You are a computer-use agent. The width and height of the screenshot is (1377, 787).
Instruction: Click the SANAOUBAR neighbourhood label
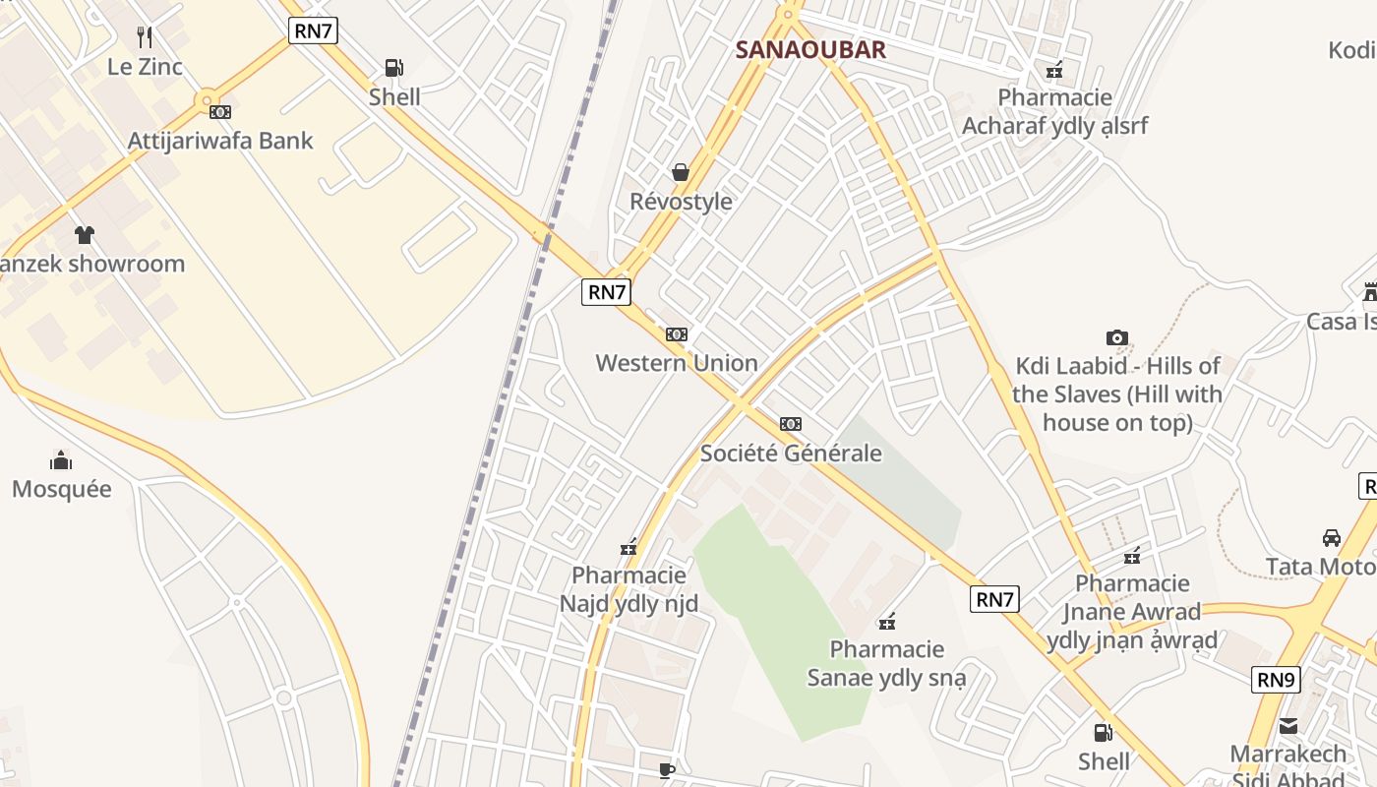(810, 50)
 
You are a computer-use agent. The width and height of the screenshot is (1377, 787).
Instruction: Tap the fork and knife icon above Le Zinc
(145, 37)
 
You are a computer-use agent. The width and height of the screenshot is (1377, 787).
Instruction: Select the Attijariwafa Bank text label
(220, 141)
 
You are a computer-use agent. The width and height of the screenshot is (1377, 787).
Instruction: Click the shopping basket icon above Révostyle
(681, 173)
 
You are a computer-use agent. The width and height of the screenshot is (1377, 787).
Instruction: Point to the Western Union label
(677, 363)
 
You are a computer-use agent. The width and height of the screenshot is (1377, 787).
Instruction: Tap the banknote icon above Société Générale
(791, 424)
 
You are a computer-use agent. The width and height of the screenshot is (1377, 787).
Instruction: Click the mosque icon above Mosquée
(61, 460)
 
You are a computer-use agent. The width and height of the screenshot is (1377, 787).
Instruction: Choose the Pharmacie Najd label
(629, 588)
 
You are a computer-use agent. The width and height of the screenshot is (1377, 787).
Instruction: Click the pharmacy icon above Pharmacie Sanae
(887, 621)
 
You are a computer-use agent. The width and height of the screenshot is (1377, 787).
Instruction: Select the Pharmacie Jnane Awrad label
(1132, 612)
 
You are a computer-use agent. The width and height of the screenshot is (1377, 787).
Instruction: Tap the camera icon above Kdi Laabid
(1116, 338)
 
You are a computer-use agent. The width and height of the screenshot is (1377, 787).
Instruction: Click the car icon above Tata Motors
(1332, 538)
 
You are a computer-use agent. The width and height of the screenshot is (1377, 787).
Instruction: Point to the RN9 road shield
(1276, 680)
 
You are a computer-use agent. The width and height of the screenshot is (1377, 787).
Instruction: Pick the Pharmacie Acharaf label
(1054, 111)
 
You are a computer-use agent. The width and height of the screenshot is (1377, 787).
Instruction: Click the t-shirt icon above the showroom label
(85, 235)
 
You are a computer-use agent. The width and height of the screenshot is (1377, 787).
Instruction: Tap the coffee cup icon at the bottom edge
(667, 770)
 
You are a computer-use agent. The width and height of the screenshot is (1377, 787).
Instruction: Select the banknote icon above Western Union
(677, 334)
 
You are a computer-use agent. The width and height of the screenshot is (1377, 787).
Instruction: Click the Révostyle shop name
(681, 202)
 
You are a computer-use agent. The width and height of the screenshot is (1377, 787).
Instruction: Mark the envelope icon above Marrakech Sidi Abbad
(1288, 727)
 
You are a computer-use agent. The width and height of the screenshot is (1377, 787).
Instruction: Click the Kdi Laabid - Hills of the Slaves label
(1117, 393)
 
